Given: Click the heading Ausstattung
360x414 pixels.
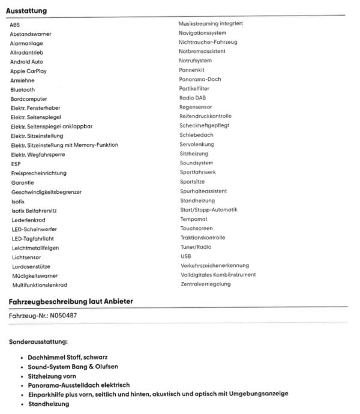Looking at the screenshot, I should coord(26,11).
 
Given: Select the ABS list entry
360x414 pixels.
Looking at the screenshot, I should coord(15,25).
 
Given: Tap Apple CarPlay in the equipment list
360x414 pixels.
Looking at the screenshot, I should coord(28,71).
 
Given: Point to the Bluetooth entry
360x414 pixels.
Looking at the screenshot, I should coord(23,89).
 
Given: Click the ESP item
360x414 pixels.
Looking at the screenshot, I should coord(16,164).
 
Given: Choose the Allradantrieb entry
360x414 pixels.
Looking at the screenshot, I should coord(26,52).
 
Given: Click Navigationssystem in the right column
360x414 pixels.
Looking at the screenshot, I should coord(202,33).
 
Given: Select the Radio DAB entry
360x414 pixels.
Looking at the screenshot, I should coord(193,98).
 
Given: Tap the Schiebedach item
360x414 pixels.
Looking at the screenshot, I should coord(196,135).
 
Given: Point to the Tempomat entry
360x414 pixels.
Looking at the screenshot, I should coord(194,219).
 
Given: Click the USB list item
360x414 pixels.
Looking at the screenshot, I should coord(185,256).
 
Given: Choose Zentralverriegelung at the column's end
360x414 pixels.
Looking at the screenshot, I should coord(205,284).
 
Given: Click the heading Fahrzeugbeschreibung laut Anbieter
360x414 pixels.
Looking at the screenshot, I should coord(71,301).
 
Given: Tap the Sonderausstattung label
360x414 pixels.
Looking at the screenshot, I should coord(38,343).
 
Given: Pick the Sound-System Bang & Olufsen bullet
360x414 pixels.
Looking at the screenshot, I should coord(73,366).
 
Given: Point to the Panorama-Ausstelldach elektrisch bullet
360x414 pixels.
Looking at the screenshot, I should coord(79,385).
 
